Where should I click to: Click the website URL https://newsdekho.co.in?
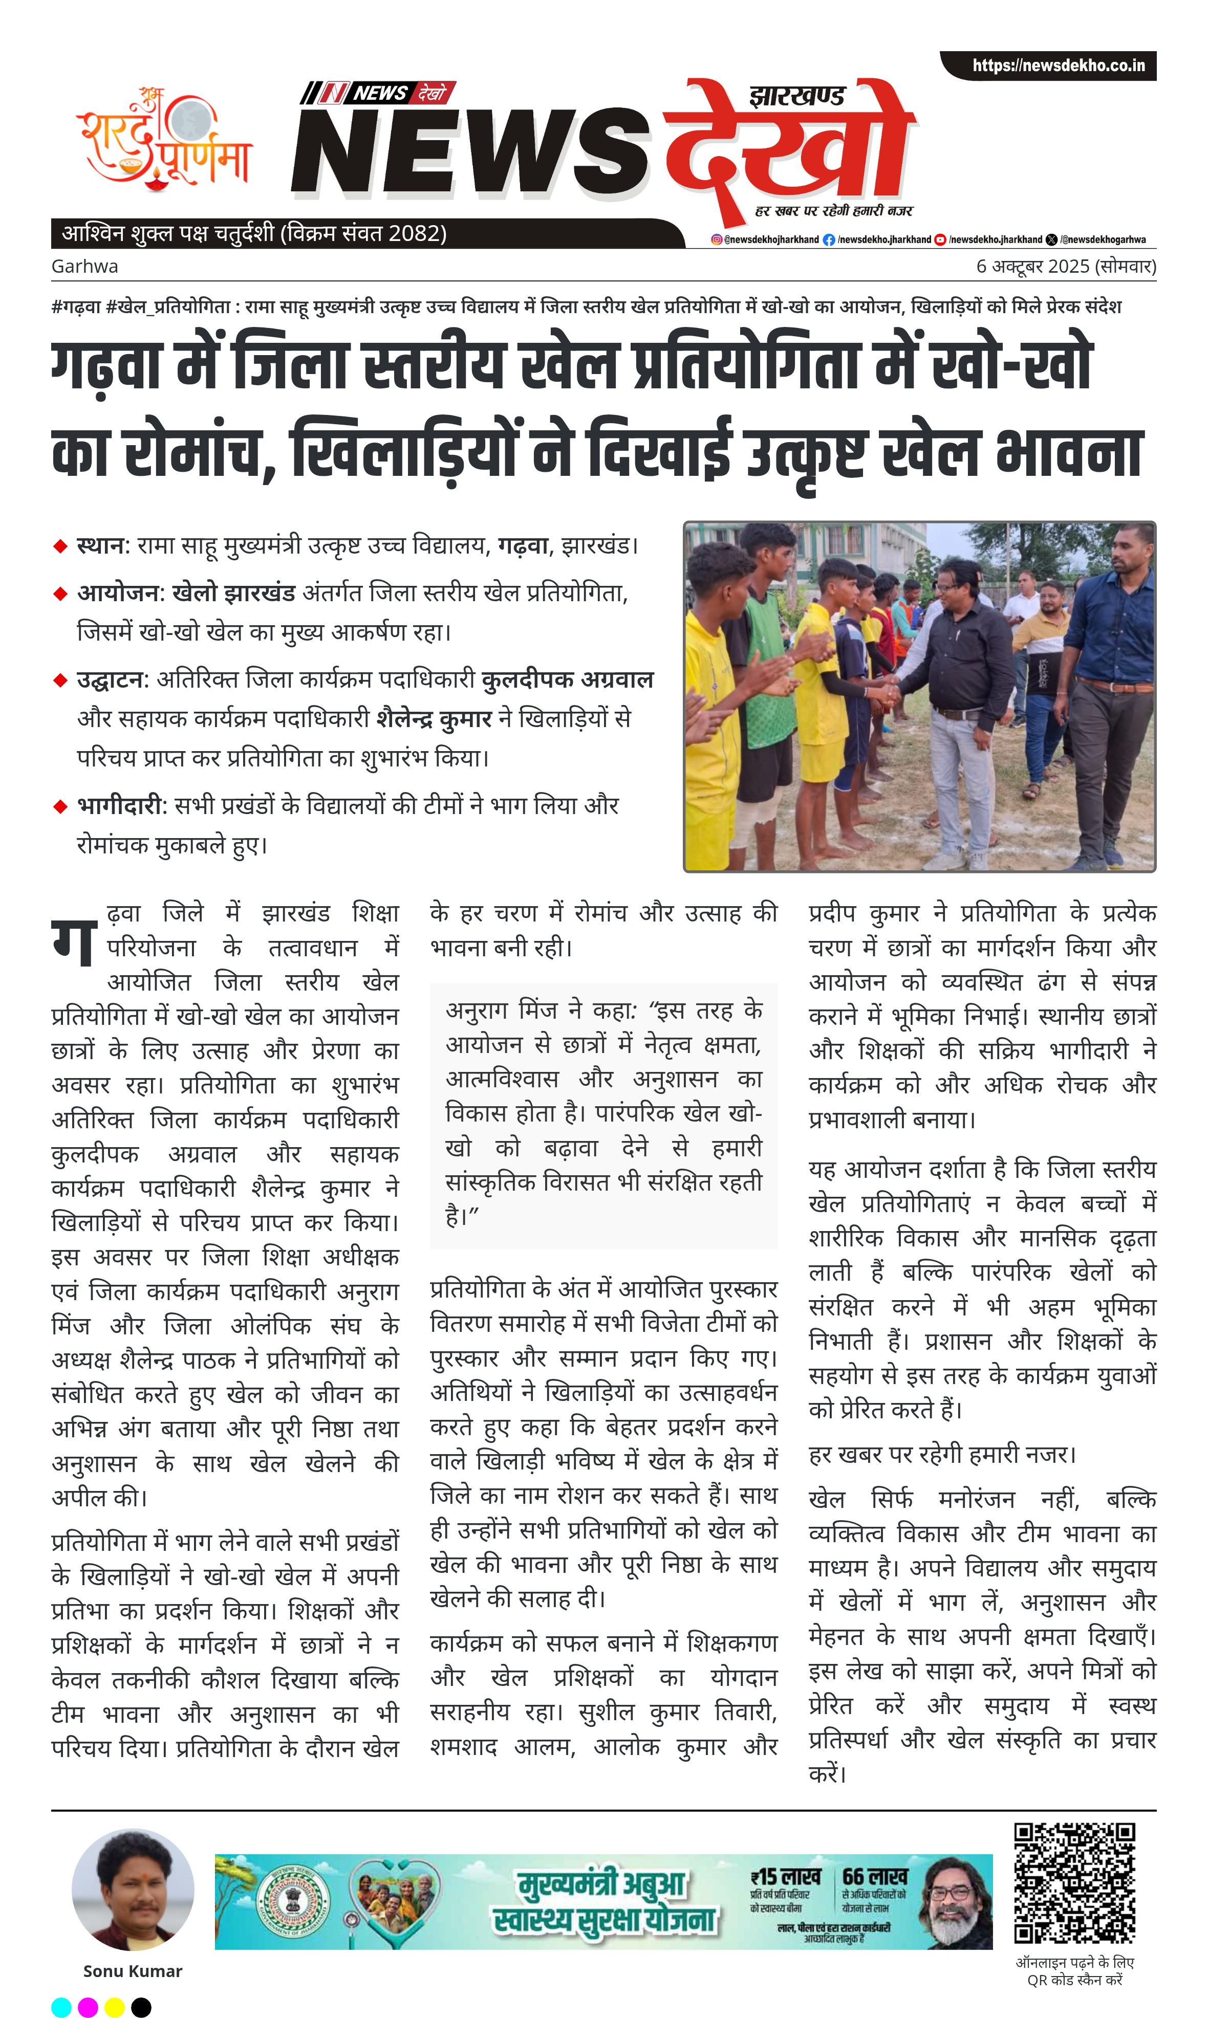tap(1058, 65)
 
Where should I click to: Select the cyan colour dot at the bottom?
tap(61, 2007)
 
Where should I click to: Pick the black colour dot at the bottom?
tap(141, 2007)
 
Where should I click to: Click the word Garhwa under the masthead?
tap(84, 266)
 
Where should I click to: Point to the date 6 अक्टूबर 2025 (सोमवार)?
tap(1066, 266)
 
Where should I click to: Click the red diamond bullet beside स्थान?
tap(59, 546)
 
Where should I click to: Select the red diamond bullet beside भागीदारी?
tap(59, 806)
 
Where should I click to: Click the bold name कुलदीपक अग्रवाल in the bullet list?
tap(567, 679)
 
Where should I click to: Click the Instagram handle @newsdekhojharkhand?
tap(765, 240)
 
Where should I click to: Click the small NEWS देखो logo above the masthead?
tap(378, 93)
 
